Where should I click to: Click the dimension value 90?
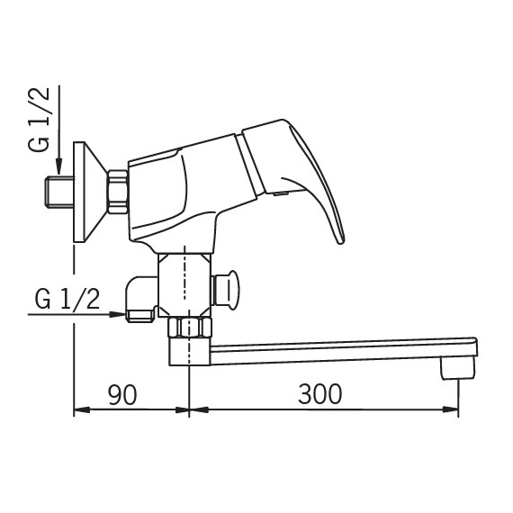tap(122, 394)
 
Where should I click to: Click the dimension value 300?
tap(320, 394)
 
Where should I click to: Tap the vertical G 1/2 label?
tap(39, 120)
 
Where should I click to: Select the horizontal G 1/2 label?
tap(67, 300)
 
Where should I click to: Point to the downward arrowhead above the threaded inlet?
tap(58, 166)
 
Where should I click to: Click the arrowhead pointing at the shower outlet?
tap(118, 314)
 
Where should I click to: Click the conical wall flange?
tap(90, 192)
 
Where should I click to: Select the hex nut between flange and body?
tap(118, 192)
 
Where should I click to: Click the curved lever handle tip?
tap(340, 240)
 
